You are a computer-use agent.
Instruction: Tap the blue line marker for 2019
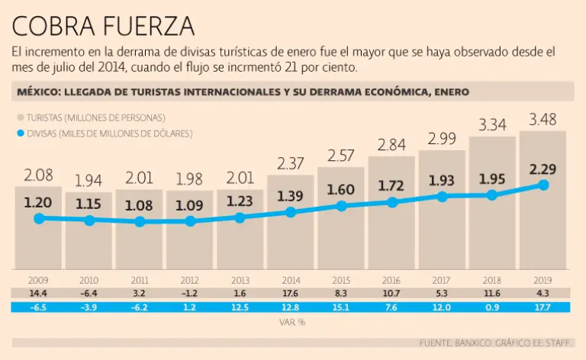543,185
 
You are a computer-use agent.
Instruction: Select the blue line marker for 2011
140,222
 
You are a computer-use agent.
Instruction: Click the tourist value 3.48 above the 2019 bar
543,119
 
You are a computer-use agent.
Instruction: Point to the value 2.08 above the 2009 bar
39,176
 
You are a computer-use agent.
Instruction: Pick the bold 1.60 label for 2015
341,189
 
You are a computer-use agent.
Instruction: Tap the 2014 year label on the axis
291,280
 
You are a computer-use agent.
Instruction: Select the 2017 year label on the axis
442,280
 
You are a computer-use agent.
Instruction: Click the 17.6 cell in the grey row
291,293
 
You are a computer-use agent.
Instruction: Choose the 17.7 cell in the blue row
543,307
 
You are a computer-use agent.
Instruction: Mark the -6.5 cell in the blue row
39,307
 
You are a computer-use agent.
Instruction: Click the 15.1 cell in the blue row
341,307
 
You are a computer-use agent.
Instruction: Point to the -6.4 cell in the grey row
89,293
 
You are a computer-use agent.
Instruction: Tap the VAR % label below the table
291,321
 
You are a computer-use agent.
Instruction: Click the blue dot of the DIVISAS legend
20,133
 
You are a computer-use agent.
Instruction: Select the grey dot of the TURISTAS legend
20,117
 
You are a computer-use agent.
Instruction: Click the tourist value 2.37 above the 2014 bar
291,162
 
